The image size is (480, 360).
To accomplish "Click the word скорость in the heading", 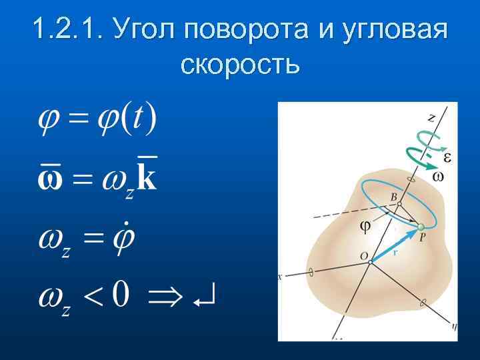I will pyautogui.click(x=240, y=65).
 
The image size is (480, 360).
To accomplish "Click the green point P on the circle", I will pyautogui.click(x=421, y=229).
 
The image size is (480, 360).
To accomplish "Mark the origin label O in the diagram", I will pyautogui.click(x=364, y=256).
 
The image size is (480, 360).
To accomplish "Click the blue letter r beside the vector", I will pyautogui.click(x=395, y=253).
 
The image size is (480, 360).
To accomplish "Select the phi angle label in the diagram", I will pyautogui.click(x=365, y=225).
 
